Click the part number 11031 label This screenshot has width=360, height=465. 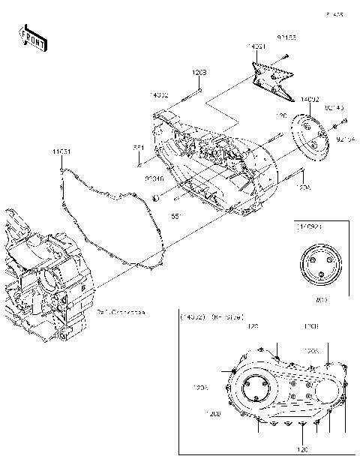(x=61, y=151)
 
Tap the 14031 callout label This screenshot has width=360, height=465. (x=257, y=46)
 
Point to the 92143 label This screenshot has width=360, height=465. (x=334, y=107)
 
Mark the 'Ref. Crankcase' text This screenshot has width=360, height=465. (x=120, y=311)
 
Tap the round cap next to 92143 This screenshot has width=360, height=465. (x=310, y=135)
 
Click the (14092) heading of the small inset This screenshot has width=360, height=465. (x=309, y=225)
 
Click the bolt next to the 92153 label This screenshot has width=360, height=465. (x=285, y=57)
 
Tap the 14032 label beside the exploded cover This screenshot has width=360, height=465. (x=158, y=96)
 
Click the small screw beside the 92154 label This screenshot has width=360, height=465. (x=343, y=122)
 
